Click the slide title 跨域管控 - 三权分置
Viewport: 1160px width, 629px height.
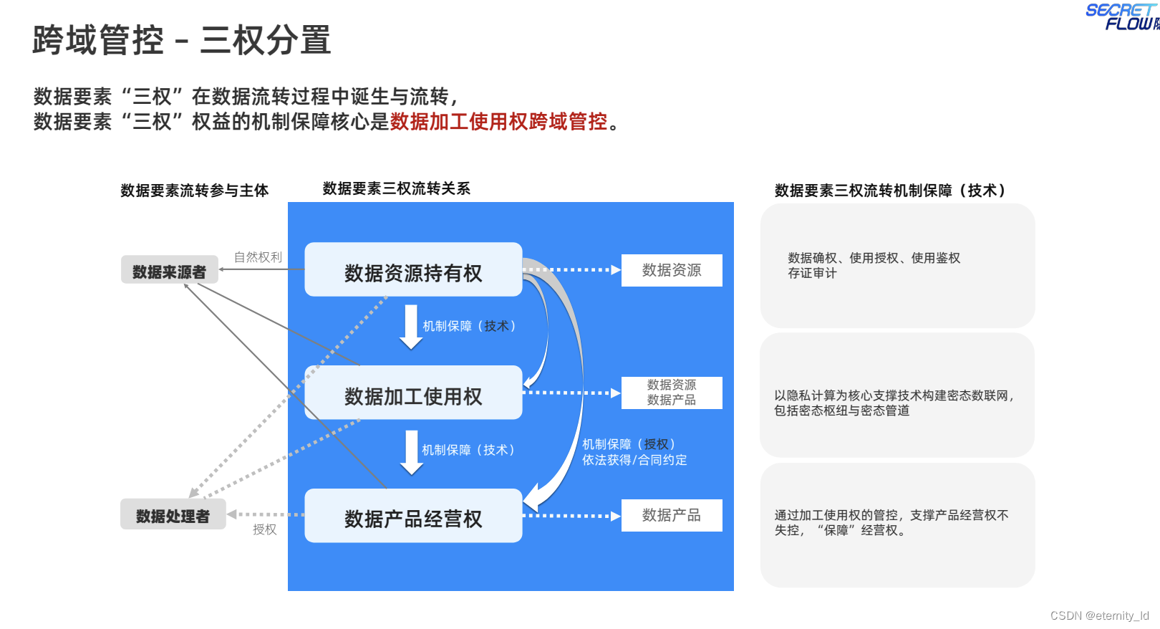pyautogui.click(x=182, y=40)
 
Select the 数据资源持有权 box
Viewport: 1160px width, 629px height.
pyautogui.click(x=413, y=270)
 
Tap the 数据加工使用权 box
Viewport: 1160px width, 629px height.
pyautogui.click(x=413, y=393)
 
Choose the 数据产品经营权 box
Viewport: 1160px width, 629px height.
pyautogui.click(x=413, y=516)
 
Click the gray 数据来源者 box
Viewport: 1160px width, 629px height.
pyautogui.click(x=169, y=270)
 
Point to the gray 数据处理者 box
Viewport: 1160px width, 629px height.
pyautogui.click(x=173, y=514)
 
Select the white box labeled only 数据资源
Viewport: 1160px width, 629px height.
pyautogui.click(x=672, y=270)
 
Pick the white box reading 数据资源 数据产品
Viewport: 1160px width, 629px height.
pyautogui.click(x=672, y=393)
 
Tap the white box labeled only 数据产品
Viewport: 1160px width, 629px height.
pyautogui.click(x=672, y=515)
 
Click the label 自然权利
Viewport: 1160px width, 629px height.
pyautogui.click(x=258, y=256)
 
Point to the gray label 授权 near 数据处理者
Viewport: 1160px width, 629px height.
pyautogui.click(x=264, y=529)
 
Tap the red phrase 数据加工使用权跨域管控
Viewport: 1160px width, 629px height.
pyautogui.click(x=498, y=122)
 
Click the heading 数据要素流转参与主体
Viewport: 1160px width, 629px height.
pyautogui.click(x=194, y=191)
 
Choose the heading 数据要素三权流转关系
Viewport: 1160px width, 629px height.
pyautogui.click(x=396, y=188)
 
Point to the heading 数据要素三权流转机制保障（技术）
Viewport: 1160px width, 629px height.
pyautogui.click(x=890, y=191)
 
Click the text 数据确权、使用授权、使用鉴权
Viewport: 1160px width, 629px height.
pyautogui.click(x=874, y=258)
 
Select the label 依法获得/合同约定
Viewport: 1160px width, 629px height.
pyautogui.click(x=634, y=460)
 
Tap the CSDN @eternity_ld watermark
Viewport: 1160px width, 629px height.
pyautogui.click(x=1099, y=615)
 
